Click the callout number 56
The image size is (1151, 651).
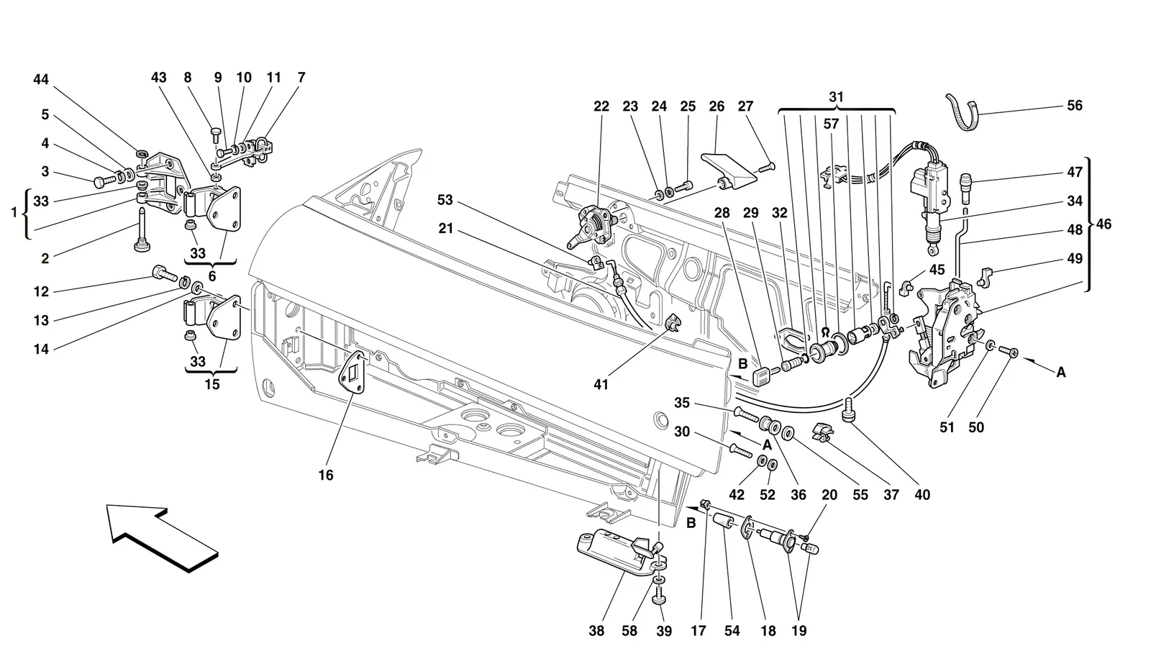[1075, 105]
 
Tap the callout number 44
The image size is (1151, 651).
[41, 80]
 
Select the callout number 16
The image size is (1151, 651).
[326, 475]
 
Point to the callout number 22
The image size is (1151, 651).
[601, 106]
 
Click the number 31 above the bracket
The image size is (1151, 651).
[837, 97]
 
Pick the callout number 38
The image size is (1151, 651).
[596, 631]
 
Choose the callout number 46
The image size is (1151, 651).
[1104, 224]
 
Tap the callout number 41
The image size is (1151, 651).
[601, 384]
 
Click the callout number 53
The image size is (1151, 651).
[445, 200]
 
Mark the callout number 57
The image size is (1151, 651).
[831, 124]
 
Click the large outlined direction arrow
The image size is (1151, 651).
[163, 537]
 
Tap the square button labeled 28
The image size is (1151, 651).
[762, 375]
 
